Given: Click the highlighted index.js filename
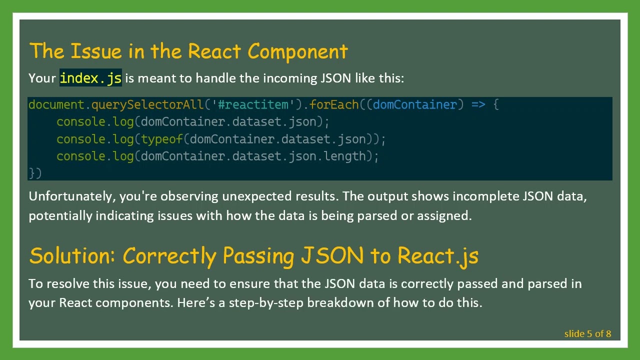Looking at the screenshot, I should (90, 78).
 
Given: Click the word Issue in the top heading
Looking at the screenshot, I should (96, 51).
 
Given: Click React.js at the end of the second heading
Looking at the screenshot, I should (437, 255).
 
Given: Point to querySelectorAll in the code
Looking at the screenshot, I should (147, 104).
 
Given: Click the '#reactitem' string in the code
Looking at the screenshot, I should (253, 104).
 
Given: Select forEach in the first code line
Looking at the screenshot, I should (334, 104).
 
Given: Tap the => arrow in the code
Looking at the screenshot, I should (478, 104).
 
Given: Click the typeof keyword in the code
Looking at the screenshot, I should (162, 139).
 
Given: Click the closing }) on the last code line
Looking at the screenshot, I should (35, 173).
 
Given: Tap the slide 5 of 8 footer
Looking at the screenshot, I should (587, 333).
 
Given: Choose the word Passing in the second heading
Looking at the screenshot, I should (258, 255).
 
